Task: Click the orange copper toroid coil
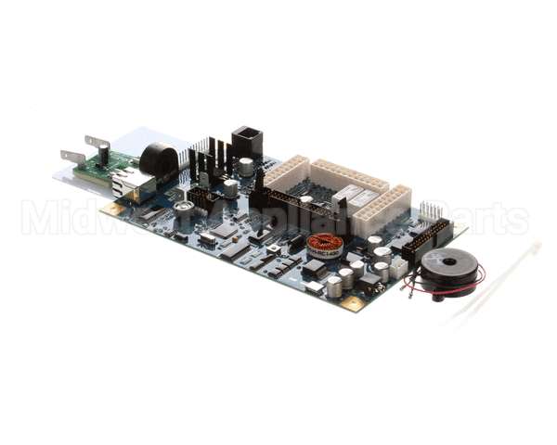325,246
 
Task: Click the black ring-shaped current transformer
159,159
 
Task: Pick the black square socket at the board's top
246,140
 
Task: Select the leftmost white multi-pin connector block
286,172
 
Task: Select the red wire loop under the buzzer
436,293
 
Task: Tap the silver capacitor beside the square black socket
246,167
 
